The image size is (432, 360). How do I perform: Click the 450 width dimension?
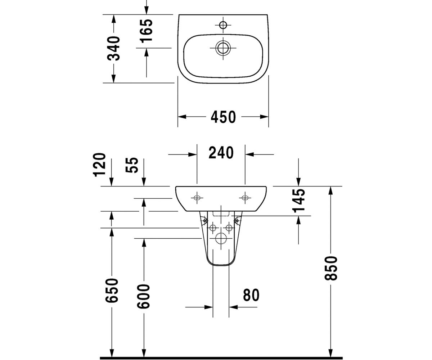223,117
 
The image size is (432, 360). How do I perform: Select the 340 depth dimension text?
114,48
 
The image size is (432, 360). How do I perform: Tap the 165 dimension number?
147,31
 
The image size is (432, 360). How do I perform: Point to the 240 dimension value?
221,153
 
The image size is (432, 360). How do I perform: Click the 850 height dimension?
331,268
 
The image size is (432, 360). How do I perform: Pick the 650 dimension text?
112,290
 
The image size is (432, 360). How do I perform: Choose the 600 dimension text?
144,296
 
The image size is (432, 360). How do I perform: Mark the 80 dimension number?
251,295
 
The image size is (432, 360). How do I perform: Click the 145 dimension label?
298,201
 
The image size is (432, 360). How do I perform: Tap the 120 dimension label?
99,165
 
